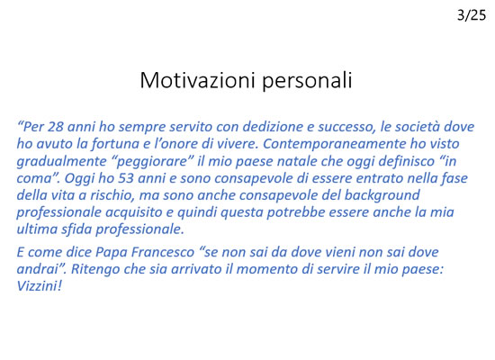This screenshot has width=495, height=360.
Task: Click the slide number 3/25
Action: point(472,14)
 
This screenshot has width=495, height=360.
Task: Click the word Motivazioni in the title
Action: point(197,80)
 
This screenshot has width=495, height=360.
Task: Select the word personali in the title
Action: point(307,81)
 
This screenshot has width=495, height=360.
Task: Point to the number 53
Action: point(126,178)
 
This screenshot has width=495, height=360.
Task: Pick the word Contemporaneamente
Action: point(334,144)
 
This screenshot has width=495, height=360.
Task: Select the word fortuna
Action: point(115,144)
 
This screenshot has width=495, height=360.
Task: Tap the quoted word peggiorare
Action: point(152,162)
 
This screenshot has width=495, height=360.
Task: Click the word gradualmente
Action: point(61,161)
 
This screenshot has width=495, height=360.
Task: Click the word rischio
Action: point(112,195)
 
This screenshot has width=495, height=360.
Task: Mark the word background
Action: point(382,195)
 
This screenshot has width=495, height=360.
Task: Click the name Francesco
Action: point(162,252)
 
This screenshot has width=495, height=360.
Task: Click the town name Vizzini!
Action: point(39,286)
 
